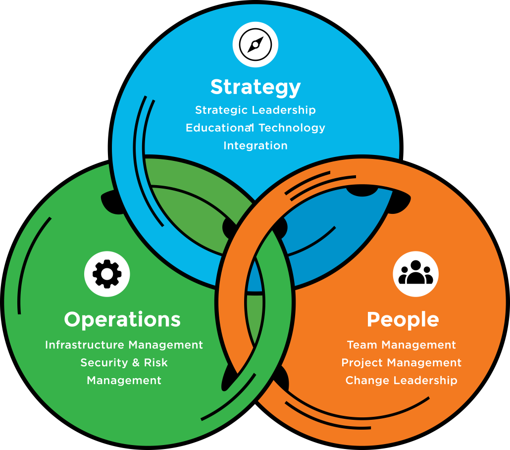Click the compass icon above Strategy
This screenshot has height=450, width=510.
[x=255, y=45]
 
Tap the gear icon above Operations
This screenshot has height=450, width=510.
[x=107, y=274]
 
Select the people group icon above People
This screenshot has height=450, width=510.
[x=415, y=274]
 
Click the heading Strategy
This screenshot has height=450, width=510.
[x=255, y=87]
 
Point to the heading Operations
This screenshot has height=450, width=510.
[x=122, y=319]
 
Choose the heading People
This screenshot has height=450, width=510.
[x=403, y=319]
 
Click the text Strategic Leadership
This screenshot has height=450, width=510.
[x=255, y=110]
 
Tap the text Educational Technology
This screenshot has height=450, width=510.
[x=255, y=128]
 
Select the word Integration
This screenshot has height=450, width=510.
[x=255, y=146]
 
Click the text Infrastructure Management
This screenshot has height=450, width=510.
[x=124, y=345]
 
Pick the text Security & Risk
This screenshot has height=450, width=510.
[x=124, y=362]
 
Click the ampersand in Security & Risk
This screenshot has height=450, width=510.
[x=136, y=362]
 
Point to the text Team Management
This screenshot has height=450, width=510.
[x=402, y=345]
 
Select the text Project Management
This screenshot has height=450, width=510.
[x=402, y=362]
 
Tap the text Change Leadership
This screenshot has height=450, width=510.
[x=402, y=380]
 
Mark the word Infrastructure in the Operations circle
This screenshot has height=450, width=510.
[x=85, y=345]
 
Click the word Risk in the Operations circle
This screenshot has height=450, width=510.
[x=156, y=362]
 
